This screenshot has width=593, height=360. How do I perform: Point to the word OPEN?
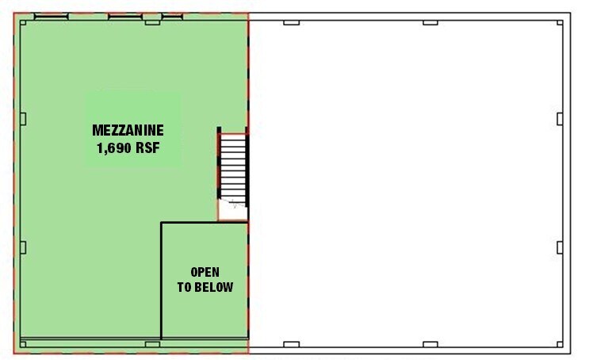205,272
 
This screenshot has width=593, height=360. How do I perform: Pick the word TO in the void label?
184,287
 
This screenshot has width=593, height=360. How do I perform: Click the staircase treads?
234,167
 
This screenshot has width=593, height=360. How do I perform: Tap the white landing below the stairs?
233,210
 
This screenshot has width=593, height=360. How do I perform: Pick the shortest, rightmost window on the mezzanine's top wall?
149,17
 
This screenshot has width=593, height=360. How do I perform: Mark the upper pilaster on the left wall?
23,118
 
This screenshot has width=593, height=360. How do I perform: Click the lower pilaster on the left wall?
23,247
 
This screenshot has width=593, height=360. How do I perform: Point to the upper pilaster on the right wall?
560,118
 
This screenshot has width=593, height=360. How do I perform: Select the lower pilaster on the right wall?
560,247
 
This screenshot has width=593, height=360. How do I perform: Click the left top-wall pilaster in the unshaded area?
292,21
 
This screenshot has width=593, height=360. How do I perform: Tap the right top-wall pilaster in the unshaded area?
430,21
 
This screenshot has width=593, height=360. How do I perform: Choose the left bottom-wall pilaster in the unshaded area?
292,344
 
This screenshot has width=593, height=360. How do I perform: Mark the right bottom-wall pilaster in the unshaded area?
430,344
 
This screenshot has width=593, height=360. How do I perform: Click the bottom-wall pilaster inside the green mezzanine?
152,344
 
